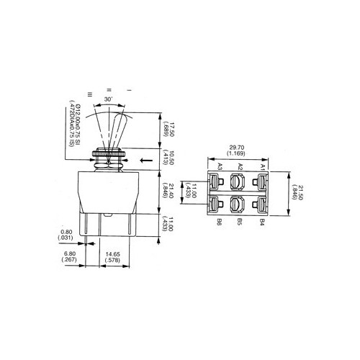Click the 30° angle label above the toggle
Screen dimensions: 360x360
click(109, 99)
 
